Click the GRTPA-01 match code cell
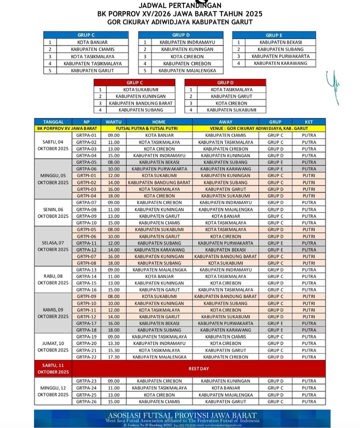pyautogui.click(x=86, y=135)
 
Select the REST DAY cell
pyautogui.click(x=198, y=369)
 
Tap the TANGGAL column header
pyautogui.click(x=53, y=122)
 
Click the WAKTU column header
pyautogui.click(x=113, y=122)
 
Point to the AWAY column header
pyautogui.click(x=225, y=122)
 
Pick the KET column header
pyautogui.click(x=309, y=122)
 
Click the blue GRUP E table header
pyautogui.click(x=273, y=35)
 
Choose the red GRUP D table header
pyautogui.click(x=225, y=82)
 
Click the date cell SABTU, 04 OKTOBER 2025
pyautogui.click(x=53, y=145)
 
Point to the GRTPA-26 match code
pyautogui.click(x=86, y=402)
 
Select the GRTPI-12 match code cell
pyautogui.click(x=86, y=317)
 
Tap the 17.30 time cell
pyautogui.click(x=113, y=357)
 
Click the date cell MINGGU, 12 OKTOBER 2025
pyautogui.click(x=53, y=392)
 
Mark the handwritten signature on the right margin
pyautogui.click(x=332, y=85)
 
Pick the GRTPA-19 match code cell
pyautogui.click(x=86, y=337)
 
